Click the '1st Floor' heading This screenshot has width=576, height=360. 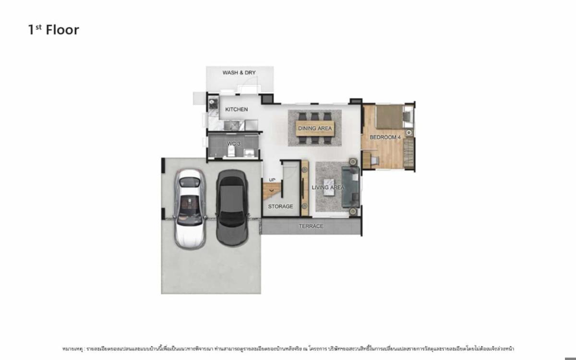(x=53, y=30)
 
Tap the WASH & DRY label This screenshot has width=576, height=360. (x=239, y=72)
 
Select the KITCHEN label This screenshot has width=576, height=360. (x=237, y=109)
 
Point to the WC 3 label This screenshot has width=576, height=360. (x=233, y=144)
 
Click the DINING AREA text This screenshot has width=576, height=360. (x=315, y=128)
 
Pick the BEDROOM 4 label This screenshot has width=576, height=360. (x=385, y=137)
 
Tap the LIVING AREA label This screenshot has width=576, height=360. (x=328, y=187)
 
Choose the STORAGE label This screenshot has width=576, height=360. (x=280, y=206)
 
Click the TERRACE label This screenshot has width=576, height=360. (x=311, y=226)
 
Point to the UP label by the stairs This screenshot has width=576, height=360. (x=272, y=180)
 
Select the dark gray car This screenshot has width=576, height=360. (x=232, y=207)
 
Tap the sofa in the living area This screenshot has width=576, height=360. (x=351, y=186)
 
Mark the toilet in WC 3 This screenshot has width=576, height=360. (x=231, y=152)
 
